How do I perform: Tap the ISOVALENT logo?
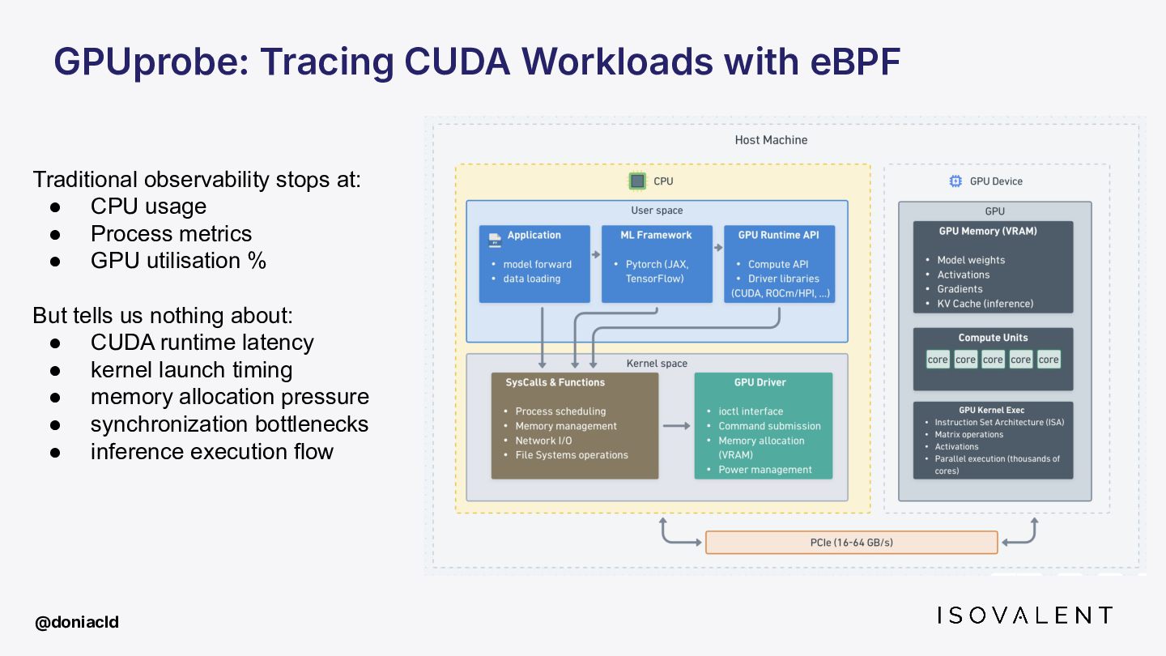pyautogui.click(x=1024, y=616)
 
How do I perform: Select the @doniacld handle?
pyautogui.click(x=76, y=622)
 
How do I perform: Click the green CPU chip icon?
pyautogui.click(x=637, y=181)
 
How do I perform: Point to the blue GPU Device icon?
pyautogui.click(x=955, y=181)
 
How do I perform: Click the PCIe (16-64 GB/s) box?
pyautogui.click(x=851, y=543)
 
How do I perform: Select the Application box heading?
pyautogui.click(x=534, y=235)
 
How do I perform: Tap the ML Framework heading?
pyautogui.click(x=656, y=235)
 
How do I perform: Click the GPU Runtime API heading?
pyautogui.click(x=778, y=235)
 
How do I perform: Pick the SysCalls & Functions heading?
pyautogui.click(x=555, y=382)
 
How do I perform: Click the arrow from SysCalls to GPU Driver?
pyautogui.click(x=676, y=426)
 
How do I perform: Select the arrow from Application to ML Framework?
pyautogui.click(x=596, y=254)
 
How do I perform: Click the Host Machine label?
pyautogui.click(x=771, y=140)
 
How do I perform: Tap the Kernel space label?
pyautogui.click(x=657, y=364)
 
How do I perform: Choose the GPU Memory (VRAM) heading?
pyautogui.click(x=988, y=231)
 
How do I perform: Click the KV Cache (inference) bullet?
pyautogui.click(x=985, y=304)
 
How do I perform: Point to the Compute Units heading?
pyautogui.click(x=993, y=338)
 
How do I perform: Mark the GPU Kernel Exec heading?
pyautogui.click(x=992, y=411)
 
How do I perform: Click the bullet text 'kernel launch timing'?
pyautogui.click(x=192, y=369)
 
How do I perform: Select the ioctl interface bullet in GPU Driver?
pyautogui.click(x=751, y=411)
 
